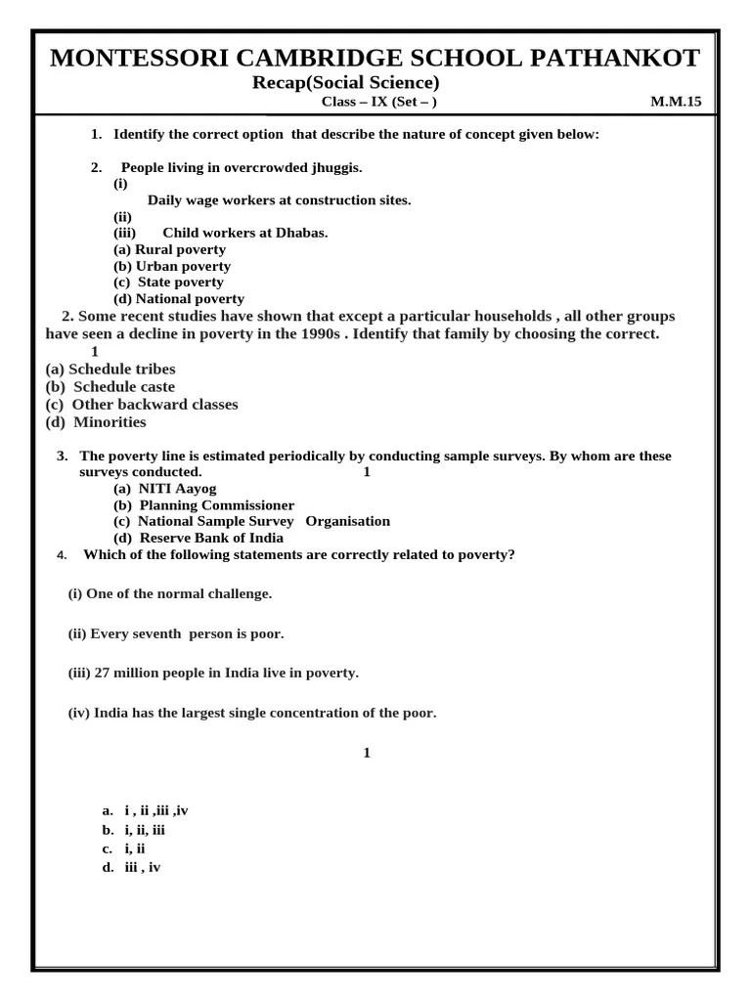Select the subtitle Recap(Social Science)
pyautogui.click(x=345, y=82)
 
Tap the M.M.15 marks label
pyautogui.click(x=676, y=102)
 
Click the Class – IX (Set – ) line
pyautogui.click(x=379, y=102)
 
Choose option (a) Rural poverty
pyautogui.click(x=169, y=249)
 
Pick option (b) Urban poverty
pyautogui.click(x=172, y=266)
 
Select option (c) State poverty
pyautogui.click(x=168, y=283)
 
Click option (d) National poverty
pyautogui.click(x=179, y=299)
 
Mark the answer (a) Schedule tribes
pyautogui.click(x=110, y=370)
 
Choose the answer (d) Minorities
pyautogui.click(x=96, y=422)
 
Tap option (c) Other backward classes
pyautogui.click(x=142, y=405)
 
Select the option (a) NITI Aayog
pyautogui.click(x=165, y=489)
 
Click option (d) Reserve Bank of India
pyautogui.click(x=199, y=538)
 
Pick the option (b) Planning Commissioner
pyautogui.click(x=203, y=505)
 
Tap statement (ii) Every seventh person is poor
pyautogui.click(x=176, y=633)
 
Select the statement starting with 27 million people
pyautogui.click(x=213, y=673)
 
